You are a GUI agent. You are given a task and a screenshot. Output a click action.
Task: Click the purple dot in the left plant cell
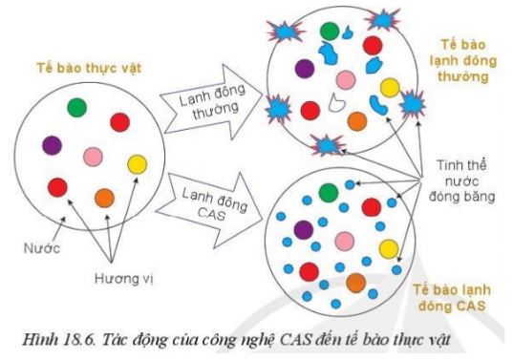click(x=51, y=145)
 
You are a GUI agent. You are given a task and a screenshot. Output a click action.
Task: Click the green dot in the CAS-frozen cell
click(x=329, y=193)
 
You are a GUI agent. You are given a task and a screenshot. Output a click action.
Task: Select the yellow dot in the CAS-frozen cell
click(x=388, y=249)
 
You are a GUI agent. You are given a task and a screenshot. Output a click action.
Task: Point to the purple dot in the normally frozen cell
click(x=304, y=68)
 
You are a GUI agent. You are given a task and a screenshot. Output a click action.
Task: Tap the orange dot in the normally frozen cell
click(x=356, y=121)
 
